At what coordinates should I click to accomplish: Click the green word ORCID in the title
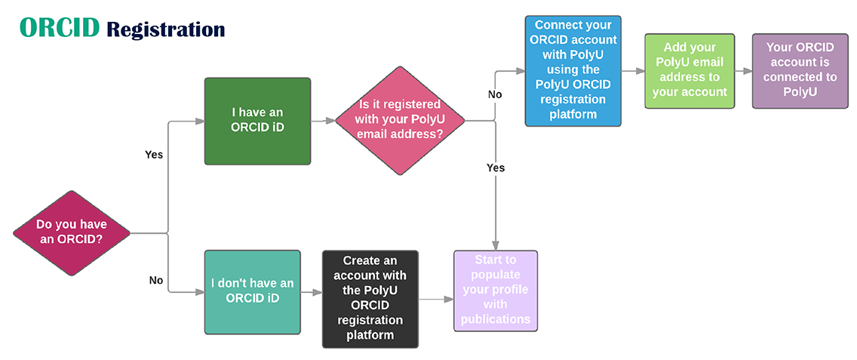[x=60, y=27]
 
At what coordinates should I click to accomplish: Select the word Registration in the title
[x=166, y=29]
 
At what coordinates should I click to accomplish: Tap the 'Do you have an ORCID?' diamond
[x=72, y=233]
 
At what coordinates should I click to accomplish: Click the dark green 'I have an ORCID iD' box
[x=257, y=121]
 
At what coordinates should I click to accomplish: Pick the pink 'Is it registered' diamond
[x=400, y=120]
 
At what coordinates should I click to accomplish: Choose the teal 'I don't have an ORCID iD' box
[x=253, y=292]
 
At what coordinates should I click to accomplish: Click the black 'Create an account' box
[x=370, y=300]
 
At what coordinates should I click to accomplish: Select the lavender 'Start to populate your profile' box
[x=496, y=291]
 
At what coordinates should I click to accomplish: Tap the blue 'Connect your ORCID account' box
[x=573, y=71]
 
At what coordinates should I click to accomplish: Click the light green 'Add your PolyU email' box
[x=690, y=71]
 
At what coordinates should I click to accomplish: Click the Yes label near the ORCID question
[x=154, y=155]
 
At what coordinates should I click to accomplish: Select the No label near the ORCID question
[x=156, y=281]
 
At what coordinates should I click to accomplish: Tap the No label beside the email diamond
[x=495, y=94]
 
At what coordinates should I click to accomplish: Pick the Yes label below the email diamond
[x=496, y=168]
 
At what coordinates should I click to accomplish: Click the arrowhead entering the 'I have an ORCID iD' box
[x=201, y=121]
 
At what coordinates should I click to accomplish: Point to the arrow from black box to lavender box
[x=436, y=300]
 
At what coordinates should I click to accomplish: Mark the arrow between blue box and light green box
[x=633, y=71]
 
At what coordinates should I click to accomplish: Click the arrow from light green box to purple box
[x=743, y=71]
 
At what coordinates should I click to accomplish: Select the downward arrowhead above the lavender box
[x=496, y=245]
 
